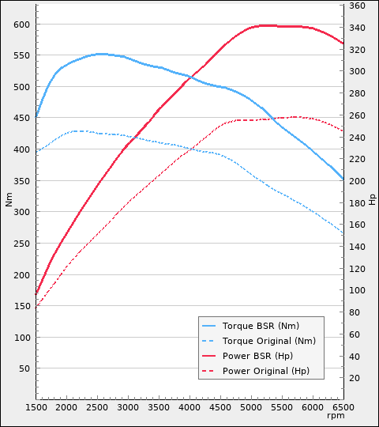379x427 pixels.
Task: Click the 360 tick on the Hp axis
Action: pyautogui.click(x=357, y=6)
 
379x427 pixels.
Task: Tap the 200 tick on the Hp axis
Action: pyautogui.click(x=357, y=182)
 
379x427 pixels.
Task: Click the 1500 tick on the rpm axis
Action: pyautogui.click(x=36, y=406)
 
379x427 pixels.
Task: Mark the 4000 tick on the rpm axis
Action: pyautogui.click(x=189, y=406)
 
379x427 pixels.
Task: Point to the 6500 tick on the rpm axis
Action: pyautogui.click(x=343, y=406)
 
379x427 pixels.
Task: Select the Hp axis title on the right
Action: pyautogui.click(x=372, y=198)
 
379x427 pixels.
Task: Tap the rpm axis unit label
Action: pyautogui.click(x=336, y=415)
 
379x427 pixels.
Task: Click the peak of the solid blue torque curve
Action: pyautogui.click(x=99, y=54)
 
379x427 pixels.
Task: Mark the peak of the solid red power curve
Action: pyautogui.click(x=265, y=25)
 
